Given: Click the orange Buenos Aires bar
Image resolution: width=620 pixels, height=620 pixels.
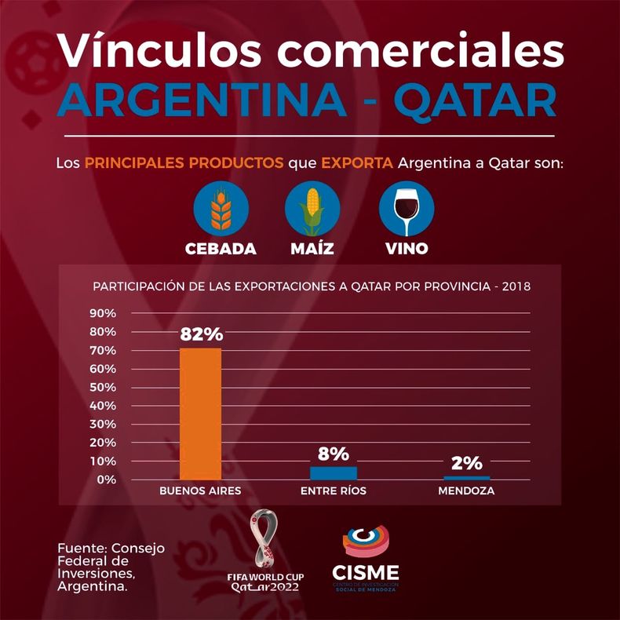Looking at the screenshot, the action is click(200, 414).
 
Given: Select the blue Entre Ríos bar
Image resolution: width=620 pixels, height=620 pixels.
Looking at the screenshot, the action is click(334, 473).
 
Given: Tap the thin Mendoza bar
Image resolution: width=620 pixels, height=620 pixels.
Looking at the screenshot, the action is click(467, 478).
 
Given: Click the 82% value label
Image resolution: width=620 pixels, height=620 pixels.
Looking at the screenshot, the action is click(202, 334).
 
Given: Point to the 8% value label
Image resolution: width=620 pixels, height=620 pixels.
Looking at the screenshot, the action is click(334, 454).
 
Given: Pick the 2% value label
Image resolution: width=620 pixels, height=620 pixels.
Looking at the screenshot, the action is click(467, 463).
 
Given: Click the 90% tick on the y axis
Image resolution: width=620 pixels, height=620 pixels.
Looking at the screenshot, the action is click(103, 313).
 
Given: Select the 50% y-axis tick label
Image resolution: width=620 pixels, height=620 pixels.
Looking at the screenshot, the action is click(103, 387).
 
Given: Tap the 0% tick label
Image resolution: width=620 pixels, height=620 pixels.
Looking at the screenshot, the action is click(106, 480).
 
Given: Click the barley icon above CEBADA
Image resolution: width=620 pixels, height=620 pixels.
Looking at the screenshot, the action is click(221, 209).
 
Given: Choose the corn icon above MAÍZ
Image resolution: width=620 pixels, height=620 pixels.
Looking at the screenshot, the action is click(312, 209).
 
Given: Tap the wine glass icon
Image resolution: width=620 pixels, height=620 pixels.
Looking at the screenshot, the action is click(407, 209).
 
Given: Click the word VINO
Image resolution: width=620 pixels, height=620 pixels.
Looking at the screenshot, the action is click(407, 249).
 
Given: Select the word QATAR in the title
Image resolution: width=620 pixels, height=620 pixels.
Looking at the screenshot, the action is click(476, 101).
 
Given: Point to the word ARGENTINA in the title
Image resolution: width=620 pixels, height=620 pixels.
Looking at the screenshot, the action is click(202, 100).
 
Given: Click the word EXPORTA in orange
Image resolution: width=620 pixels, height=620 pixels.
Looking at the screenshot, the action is click(357, 162).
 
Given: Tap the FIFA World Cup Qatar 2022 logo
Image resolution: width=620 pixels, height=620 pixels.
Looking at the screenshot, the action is click(265, 550).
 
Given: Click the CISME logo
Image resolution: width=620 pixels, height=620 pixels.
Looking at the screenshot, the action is click(366, 558).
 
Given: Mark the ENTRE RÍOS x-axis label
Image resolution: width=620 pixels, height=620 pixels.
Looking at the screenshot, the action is click(334, 491).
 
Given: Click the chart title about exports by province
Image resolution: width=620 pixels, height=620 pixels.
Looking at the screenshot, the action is click(312, 286).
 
